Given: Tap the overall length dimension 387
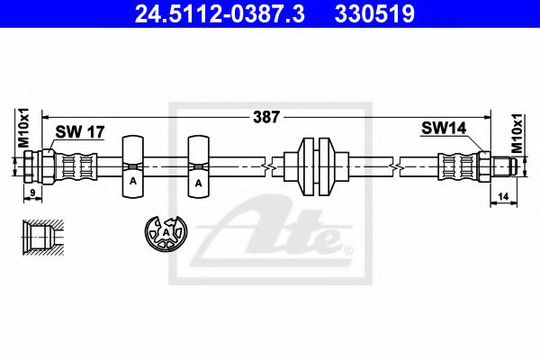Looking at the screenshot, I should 266,116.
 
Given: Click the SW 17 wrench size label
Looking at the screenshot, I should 80,131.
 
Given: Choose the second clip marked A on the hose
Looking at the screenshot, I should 198,167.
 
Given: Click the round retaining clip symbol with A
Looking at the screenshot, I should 166,234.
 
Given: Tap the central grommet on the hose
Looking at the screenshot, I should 316,167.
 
